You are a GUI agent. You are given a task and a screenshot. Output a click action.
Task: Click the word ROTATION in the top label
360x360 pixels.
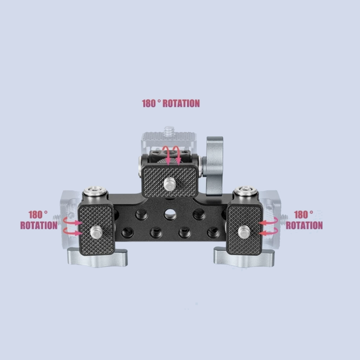pos(181,104)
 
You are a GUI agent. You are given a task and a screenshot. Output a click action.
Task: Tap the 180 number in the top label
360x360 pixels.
pos(149,104)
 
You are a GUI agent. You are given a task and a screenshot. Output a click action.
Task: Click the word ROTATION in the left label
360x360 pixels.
pos(39,226)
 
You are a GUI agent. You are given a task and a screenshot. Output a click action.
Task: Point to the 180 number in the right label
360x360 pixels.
pos(303,215)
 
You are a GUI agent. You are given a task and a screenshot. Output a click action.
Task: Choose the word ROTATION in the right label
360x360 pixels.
pos(304,226)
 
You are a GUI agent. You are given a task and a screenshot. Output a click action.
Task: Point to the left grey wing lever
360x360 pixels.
pos(97,257)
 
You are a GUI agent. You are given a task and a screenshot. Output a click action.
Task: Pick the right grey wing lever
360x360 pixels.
pos(238,257)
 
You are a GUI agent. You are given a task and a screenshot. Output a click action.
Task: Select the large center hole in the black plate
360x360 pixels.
pos(169,215)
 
